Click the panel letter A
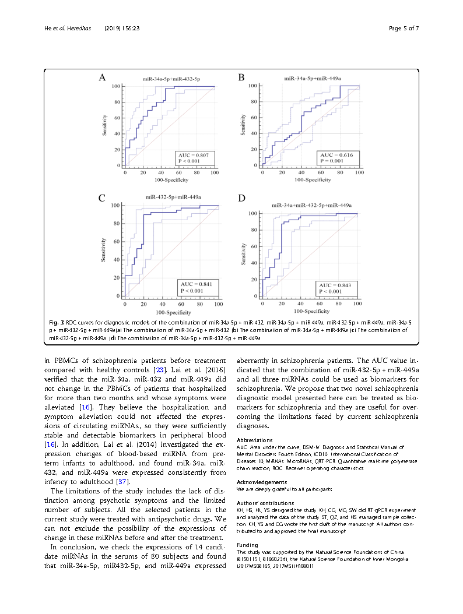(x=102, y=77)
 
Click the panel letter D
(x=241, y=199)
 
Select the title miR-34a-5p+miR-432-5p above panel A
(x=172, y=78)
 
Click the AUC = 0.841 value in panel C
(x=196, y=284)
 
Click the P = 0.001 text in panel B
(x=331, y=161)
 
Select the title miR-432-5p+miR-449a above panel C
(x=173, y=198)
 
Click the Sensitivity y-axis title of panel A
(x=105, y=125)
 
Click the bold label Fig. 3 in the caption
(x=56, y=322)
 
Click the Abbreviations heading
(x=254, y=440)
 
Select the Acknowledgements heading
(x=262, y=482)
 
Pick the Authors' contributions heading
(x=265, y=503)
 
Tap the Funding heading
(x=247, y=545)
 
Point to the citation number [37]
(x=123, y=482)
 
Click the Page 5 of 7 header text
(x=404, y=28)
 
